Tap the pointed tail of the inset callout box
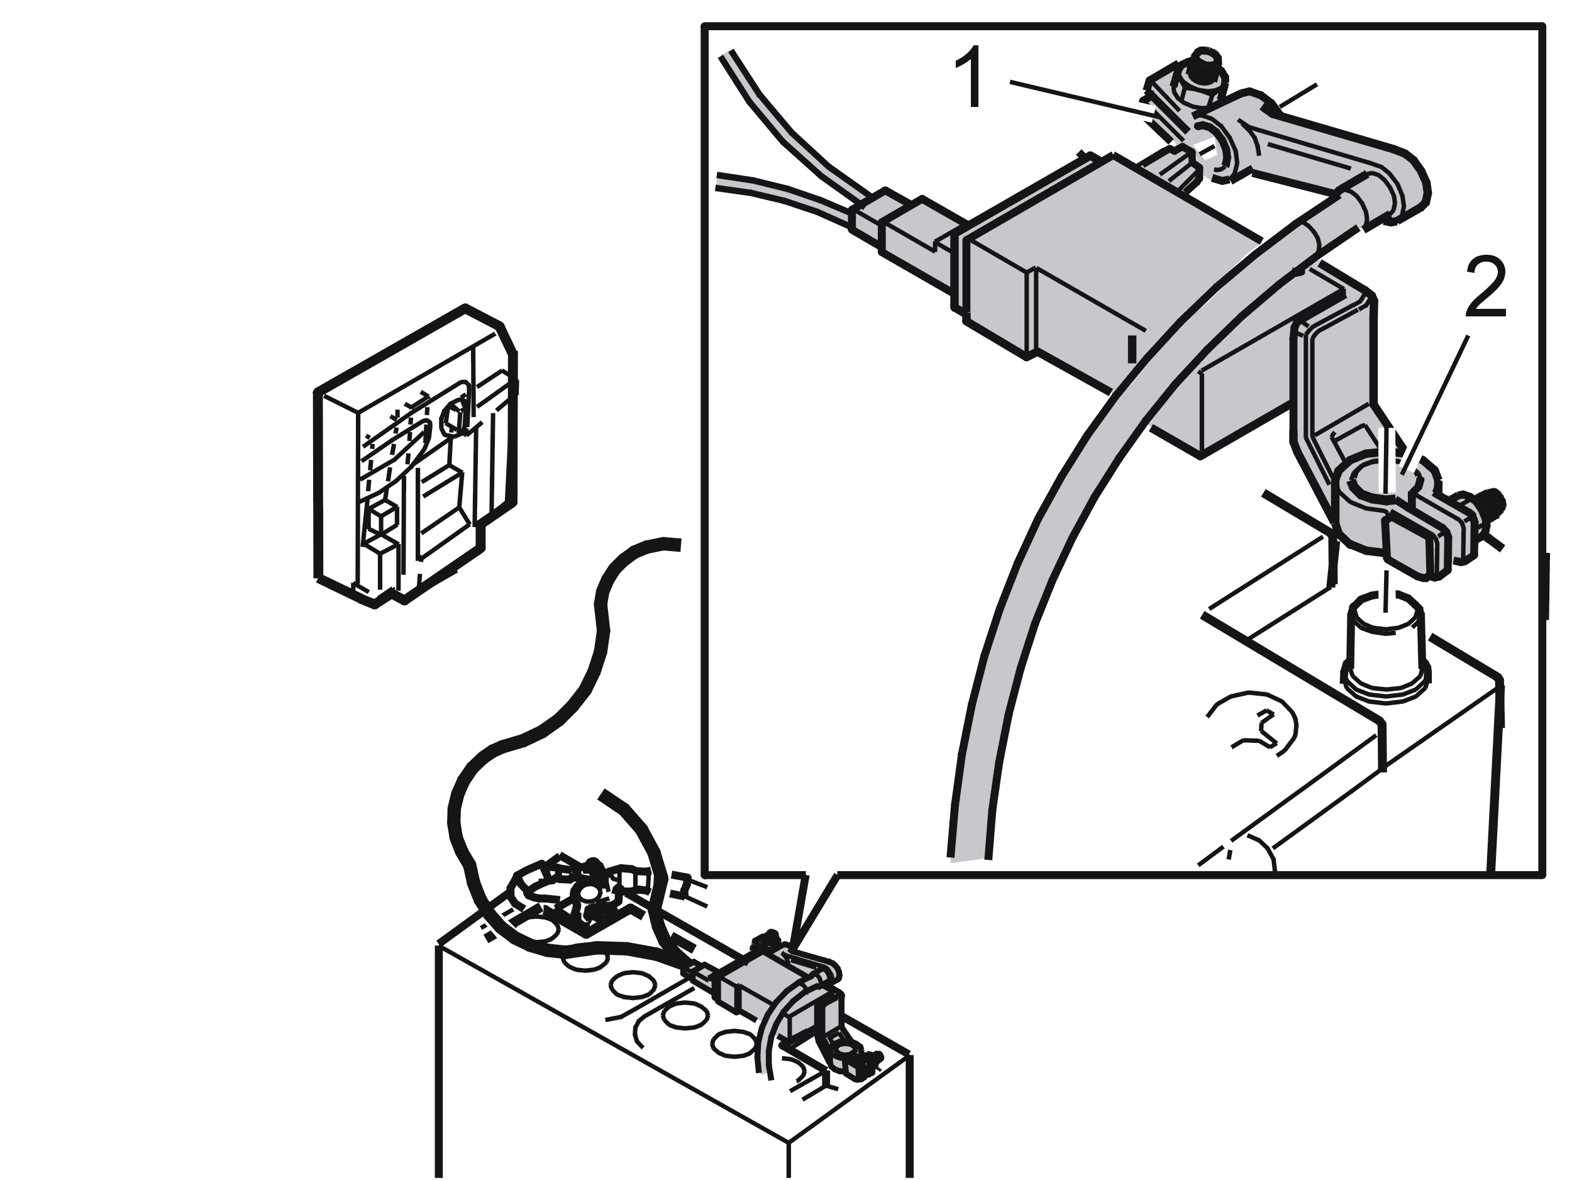[x=798, y=949]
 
